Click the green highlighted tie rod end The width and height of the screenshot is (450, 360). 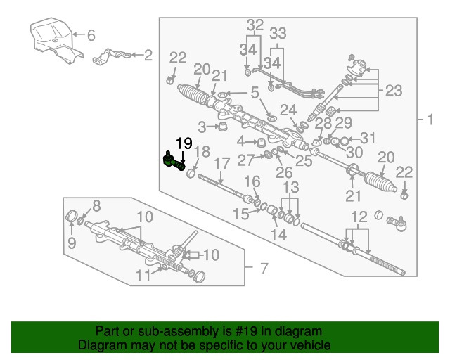[x=173, y=161]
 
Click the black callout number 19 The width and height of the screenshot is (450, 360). [x=184, y=143]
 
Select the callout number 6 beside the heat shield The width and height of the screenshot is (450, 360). [x=91, y=35]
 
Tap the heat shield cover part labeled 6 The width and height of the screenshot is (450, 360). [x=56, y=39]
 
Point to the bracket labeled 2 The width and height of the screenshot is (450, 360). [x=112, y=56]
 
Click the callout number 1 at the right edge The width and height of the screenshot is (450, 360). [x=430, y=120]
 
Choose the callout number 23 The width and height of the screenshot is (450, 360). [x=394, y=91]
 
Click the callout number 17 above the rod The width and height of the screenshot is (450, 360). [x=222, y=164]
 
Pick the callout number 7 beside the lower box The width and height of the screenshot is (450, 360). [x=264, y=269]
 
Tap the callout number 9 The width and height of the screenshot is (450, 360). [x=72, y=243]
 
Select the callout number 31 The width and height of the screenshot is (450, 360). [x=367, y=138]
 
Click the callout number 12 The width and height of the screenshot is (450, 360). [x=359, y=217]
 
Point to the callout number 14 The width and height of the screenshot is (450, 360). [x=278, y=235]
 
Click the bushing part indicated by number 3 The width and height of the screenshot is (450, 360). [x=221, y=127]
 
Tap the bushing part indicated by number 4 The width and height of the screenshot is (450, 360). [x=260, y=143]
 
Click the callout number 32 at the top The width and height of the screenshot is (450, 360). [x=255, y=25]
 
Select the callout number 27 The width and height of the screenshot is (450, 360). [x=246, y=160]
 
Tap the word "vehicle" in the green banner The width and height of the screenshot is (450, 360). [x=314, y=345]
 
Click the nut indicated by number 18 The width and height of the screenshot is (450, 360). [x=191, y=174]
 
